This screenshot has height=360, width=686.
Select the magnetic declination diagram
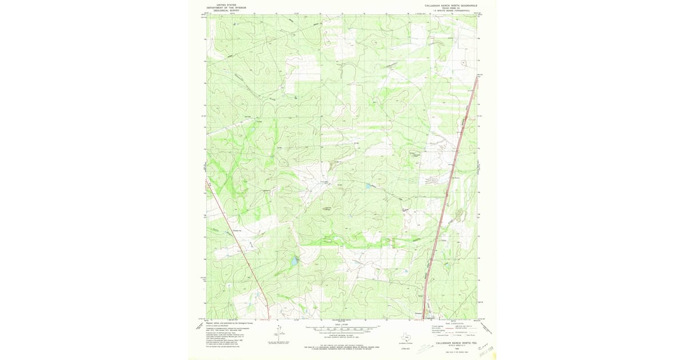tap(278, 331)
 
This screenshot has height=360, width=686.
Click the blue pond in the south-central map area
tap(294, 261)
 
